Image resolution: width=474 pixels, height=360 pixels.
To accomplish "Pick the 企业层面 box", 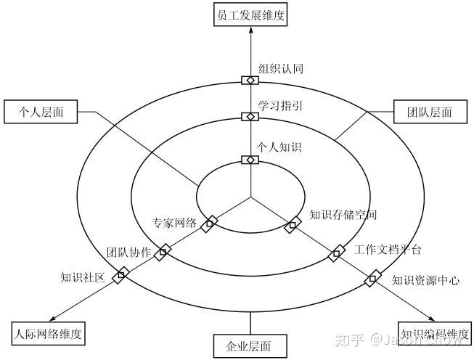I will click(250, 345).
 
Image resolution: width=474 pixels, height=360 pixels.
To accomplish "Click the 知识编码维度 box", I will click(434, 334).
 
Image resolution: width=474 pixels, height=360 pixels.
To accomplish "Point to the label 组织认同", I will click(280, 69).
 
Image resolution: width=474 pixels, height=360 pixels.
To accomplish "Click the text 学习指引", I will click(280, 107).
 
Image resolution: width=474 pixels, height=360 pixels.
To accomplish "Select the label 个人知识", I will click(280, 148).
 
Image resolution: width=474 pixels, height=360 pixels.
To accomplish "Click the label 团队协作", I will click(129, 253).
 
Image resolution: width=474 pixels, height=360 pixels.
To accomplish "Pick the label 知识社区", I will click(83, 277).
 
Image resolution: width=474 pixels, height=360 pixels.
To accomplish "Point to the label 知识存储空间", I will click(343, 215).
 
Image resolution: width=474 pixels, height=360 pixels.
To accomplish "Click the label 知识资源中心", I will click(425, 279).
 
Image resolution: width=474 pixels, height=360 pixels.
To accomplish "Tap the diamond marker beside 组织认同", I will click(250, 80).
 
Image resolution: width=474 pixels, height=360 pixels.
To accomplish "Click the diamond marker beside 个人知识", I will click(250, 160).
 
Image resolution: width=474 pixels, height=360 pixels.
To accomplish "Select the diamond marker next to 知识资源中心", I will click(375, 277).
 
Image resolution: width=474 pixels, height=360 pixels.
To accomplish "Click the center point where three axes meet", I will click(250, 197).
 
